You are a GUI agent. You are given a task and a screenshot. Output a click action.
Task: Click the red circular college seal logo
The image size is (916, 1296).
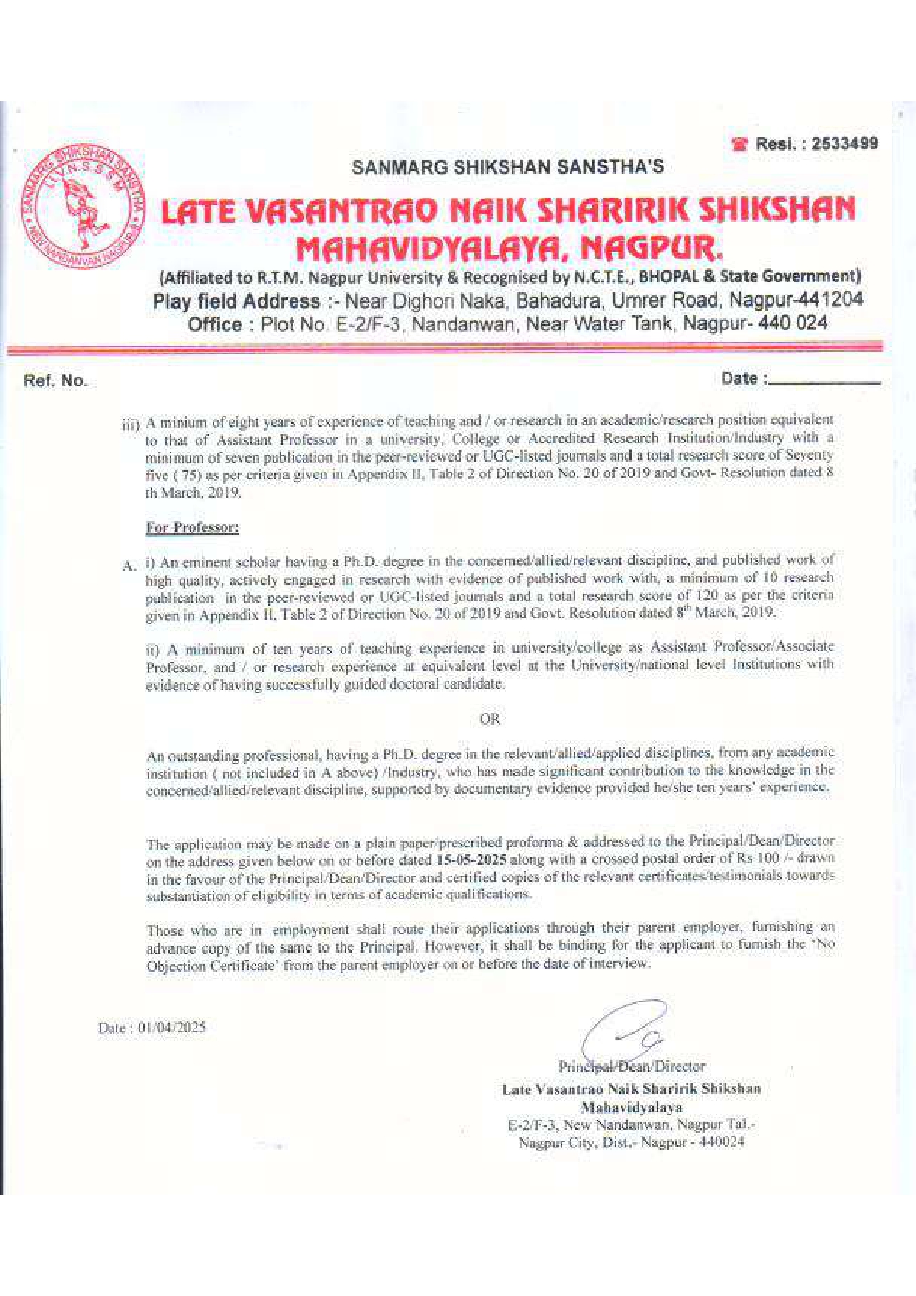coord(80,206)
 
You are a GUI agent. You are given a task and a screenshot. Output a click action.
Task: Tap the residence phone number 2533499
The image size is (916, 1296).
coord(844,143)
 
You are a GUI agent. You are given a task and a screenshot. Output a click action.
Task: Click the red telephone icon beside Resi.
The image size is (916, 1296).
coord(739,145)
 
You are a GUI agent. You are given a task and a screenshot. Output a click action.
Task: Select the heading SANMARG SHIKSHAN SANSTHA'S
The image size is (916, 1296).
coord(507,167)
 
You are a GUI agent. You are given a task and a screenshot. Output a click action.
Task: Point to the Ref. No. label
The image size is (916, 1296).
coord(55,381)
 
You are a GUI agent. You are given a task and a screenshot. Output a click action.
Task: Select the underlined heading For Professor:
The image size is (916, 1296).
coord(192,527)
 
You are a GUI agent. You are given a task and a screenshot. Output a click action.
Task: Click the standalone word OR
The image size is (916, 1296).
coord(490,719)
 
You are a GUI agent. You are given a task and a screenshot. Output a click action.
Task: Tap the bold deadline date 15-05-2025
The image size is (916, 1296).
coord(471,860)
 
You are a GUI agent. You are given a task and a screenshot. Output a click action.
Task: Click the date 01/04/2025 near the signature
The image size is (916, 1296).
coord(171,1028)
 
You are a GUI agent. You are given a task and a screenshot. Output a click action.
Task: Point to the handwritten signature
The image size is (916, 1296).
coord(625,1031)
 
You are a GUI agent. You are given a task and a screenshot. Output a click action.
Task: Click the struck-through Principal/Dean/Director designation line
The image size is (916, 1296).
coord(632,1066)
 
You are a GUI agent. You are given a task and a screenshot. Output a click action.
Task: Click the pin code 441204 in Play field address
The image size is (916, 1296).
coord(832,301)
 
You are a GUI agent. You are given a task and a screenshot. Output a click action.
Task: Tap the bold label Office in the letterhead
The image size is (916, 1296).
coord(214,324)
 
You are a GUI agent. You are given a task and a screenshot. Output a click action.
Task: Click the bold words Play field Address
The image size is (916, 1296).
coord(236,301)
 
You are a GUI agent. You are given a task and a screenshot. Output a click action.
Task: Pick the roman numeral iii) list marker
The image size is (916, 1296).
coord(131,425)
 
